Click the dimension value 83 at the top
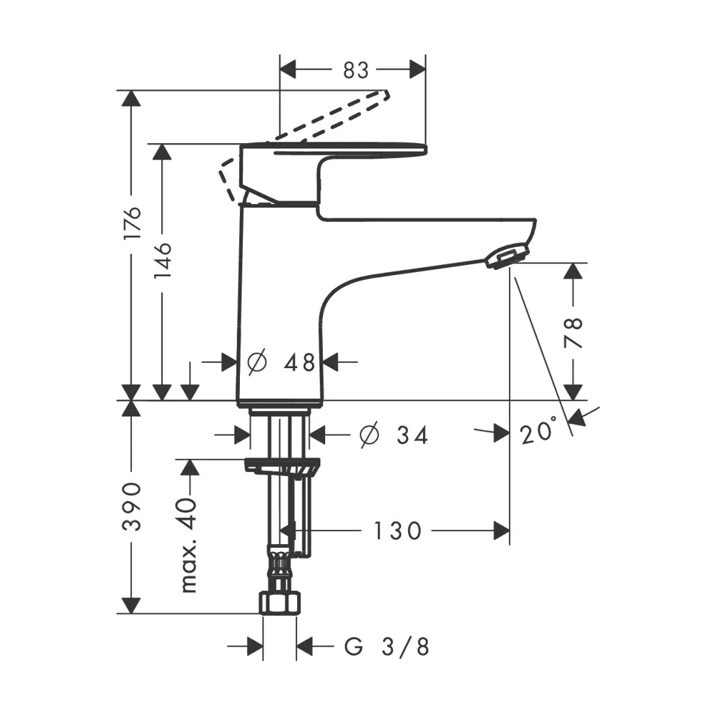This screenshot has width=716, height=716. (x=356, y=70)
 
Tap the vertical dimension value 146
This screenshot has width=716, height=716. (x=163, y=261)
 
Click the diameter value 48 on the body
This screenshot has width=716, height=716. (x=299, y=363)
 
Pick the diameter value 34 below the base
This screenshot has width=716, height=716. (x=412, y=435)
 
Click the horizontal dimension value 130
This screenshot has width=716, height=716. (x=397, y=531)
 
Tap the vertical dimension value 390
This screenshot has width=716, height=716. (x=132, y=505)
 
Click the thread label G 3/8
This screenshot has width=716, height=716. (x=387, y=647)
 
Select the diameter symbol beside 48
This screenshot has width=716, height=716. (x=256, y=362)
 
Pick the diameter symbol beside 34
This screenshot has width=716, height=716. (x=369, y=435)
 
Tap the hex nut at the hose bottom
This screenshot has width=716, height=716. (x=280, y=603)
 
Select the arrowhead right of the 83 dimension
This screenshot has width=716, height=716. (x=417, y=70)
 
